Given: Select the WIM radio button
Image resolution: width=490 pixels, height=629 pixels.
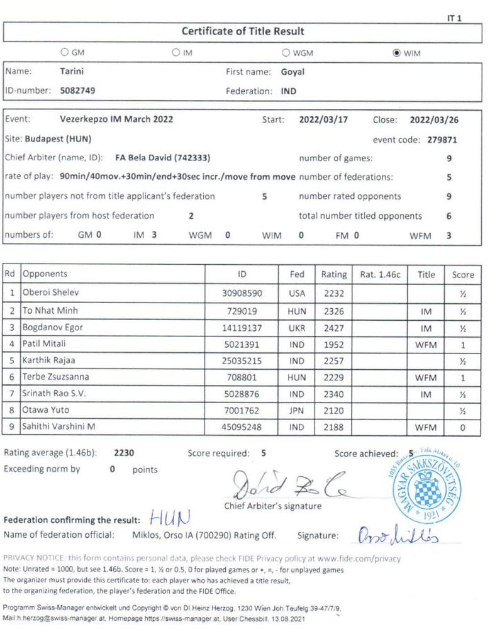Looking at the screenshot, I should point(396,53).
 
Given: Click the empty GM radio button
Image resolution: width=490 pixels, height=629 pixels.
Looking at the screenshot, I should point(64,53).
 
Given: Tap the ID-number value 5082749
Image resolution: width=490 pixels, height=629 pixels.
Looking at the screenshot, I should point(78,90).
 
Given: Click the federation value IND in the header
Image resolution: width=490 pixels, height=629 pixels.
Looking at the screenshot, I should point(289,91).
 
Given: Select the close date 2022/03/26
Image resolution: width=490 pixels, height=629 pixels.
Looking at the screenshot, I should point(433,119).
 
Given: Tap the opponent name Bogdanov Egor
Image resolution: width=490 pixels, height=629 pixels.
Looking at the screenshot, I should point(53,327).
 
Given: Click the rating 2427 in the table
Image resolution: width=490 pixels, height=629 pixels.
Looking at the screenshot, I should point(333,327).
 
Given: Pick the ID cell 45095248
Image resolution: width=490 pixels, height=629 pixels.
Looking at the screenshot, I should point(242,427).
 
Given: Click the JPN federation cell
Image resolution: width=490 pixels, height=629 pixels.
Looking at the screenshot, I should point(297,411).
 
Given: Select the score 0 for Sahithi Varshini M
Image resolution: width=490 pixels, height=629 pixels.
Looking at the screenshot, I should point(463,427).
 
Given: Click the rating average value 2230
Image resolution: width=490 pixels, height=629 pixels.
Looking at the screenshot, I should point(125,452).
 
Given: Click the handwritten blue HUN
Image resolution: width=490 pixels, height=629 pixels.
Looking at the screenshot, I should point(170,518).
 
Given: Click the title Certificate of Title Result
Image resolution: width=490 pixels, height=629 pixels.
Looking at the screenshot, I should point(243,31).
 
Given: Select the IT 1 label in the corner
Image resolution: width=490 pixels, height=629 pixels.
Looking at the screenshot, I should point(454,19).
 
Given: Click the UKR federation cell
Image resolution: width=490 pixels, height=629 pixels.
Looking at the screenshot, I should point(297,327).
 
